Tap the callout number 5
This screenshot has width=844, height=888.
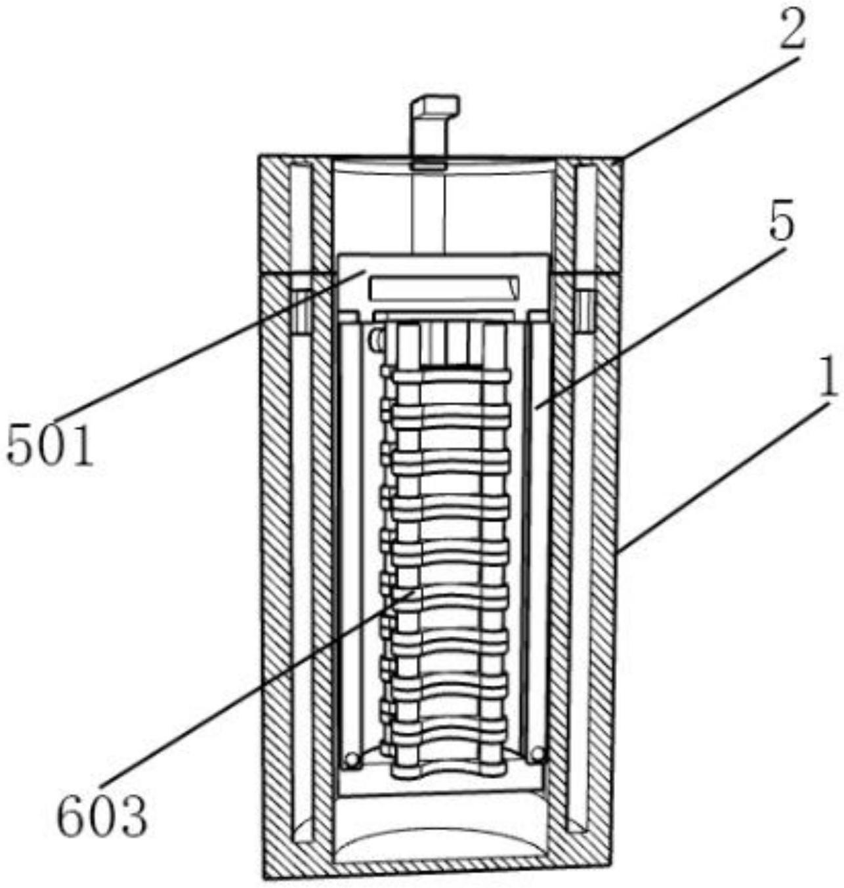(780, 225)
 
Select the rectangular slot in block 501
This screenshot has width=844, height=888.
(444, 287)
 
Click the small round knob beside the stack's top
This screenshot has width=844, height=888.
(377, 339)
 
